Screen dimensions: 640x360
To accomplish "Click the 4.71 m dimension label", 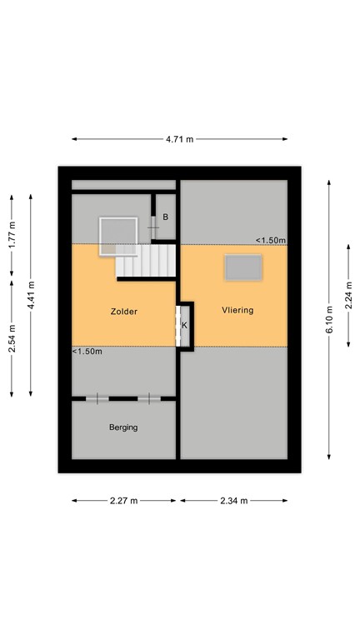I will [x=179, y=139].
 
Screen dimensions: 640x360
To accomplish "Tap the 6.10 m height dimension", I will [x=330, y=320].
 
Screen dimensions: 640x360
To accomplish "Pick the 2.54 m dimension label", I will [x=12, y=337].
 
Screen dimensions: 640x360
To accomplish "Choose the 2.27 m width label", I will [x=123, y=501].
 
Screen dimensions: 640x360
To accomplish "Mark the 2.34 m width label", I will [x=234, y=501].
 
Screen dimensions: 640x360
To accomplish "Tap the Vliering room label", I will [x=237, y=310].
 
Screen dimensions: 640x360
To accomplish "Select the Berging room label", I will [x=122, y=427].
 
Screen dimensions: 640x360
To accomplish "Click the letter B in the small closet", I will [x=166, y=217].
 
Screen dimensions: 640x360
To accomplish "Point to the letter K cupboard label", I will [x=184, y=325].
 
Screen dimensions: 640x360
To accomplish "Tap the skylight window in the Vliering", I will [x=242, y=267].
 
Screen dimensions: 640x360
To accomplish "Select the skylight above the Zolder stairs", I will [x=117, y=235].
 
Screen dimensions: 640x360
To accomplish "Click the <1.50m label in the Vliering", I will [x=271, y=241].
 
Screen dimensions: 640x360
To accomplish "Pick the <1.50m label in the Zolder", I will [x=87, y=352].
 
